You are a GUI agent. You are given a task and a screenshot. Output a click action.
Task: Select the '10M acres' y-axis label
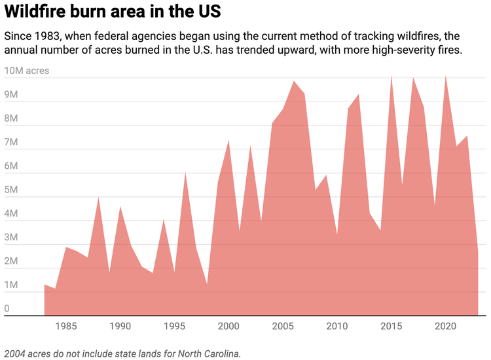tap(27, 71)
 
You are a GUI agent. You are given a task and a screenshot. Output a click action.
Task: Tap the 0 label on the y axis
tap(7, 309)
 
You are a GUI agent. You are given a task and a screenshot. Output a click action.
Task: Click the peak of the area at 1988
tap(98, 197)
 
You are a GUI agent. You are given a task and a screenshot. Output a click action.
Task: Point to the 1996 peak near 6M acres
tap(185, 172)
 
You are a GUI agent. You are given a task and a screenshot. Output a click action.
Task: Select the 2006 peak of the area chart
tap(294, 81)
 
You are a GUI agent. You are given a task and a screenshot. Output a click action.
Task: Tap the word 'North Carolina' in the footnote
tap(208, 353)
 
